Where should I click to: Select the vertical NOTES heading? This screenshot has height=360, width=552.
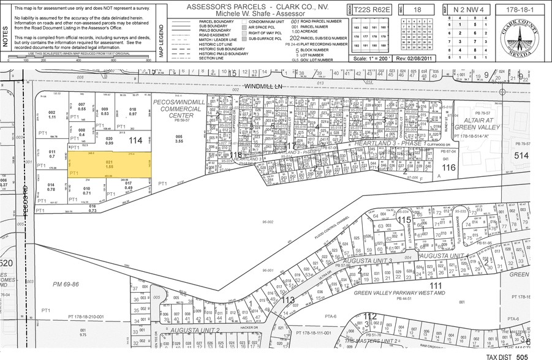click(6, 32)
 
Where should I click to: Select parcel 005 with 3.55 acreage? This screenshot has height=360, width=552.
click(179, 138)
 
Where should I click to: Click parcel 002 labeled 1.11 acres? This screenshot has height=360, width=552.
click(52, 114)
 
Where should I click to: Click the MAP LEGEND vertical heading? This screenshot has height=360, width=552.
click(162, 41)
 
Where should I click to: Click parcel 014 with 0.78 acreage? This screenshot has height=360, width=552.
click(51, 187)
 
